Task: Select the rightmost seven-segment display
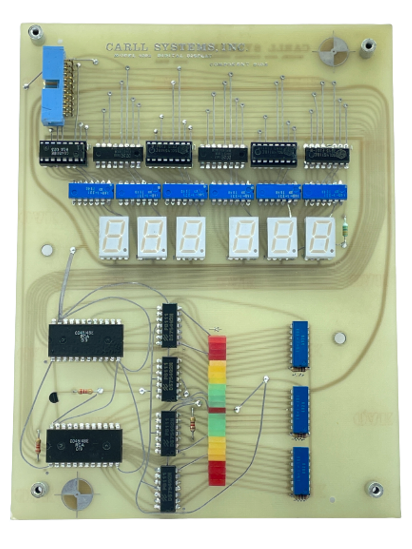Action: click(x=320, y=237)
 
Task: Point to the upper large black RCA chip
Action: click(x=85, y=340)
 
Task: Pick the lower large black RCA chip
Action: click(x=84, y=445)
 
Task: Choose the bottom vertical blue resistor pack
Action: click(x=301, y=470)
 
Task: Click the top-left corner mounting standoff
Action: click(x=35, y=33)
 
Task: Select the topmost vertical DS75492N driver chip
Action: click(x=169, y=325)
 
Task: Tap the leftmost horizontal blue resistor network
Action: click(x=91, y=191)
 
